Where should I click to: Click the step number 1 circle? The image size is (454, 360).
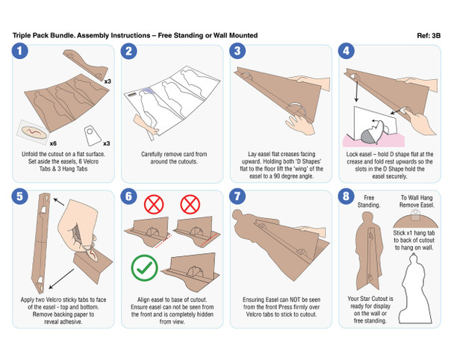(x=20, y=52)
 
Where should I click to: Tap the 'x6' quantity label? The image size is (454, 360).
(x=53, y=142)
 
